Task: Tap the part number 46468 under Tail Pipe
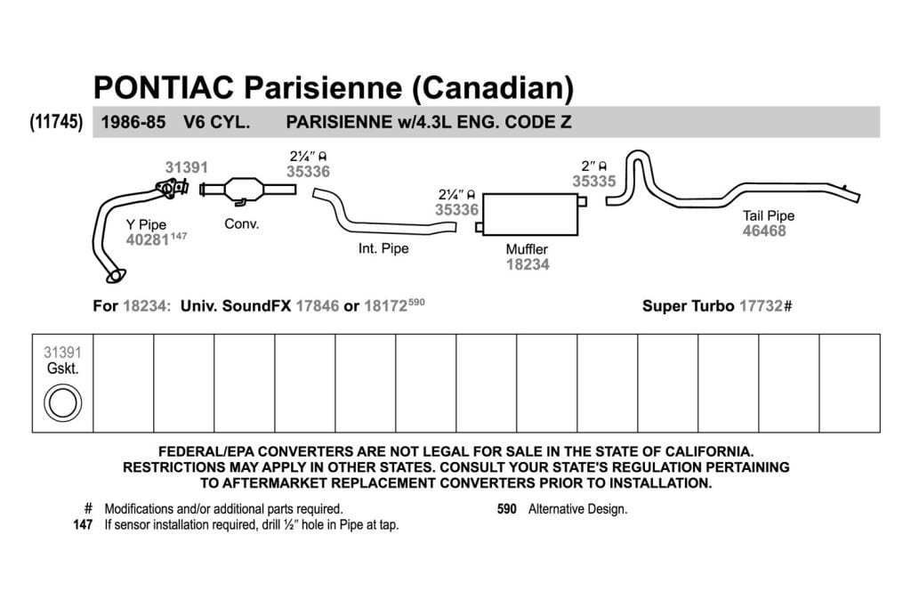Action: click(x=764, y=231)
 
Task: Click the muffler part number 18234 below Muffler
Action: click(x=528, y=264)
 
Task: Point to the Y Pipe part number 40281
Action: click(x=148, y=239)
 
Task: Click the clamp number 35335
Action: click(x=593, y=182)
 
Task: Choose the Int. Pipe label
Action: click(x=383, y=248)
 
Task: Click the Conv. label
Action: click(x=242, y=223)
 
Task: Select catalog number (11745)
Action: click(x=56, y=122)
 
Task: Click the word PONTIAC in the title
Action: click(x=164, y=87)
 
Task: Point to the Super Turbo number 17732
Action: click(x=762, y=305)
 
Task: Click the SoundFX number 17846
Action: click(x=318, y=305)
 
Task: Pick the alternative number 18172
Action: click(x=386, y=305)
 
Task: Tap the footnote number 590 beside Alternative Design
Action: click(x=506, y=509)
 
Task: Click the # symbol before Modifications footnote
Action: click(x=88, y=508)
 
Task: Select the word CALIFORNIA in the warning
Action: click(x=709, y=451)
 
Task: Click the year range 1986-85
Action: click(x=133, y=122)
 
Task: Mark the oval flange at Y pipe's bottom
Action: click(x=117, y=276)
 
